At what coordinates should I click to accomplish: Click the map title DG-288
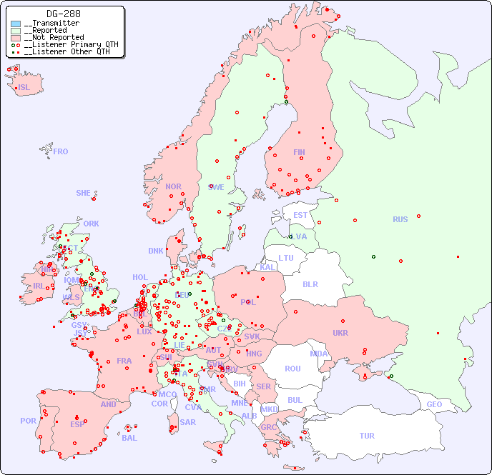[63, 14]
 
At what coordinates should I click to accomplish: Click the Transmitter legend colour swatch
[16, 24]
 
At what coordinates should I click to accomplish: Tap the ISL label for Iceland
[24, 88]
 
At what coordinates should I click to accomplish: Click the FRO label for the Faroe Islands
[61, 151]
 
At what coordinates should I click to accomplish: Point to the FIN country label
[299, 152]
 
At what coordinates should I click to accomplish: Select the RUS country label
[400, 219]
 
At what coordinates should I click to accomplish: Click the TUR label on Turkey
[367, 436]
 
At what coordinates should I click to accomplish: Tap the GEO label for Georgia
[434, 404]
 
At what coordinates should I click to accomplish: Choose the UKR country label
[340, 333]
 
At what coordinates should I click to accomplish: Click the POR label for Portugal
[28, 421]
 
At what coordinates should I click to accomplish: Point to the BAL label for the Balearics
[129, 438]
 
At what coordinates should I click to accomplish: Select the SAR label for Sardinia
[187, 422]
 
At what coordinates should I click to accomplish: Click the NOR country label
[173, 186]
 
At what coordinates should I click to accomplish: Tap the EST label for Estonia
[300, 215]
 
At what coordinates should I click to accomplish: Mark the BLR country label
[310, 284]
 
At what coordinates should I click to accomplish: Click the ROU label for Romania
[292, 369]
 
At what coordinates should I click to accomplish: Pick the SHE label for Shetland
[84, 193]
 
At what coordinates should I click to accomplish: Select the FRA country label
[124, 361]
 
